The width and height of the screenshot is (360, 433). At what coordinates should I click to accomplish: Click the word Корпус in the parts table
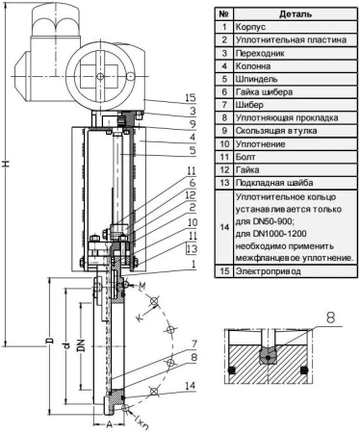coord(250,27)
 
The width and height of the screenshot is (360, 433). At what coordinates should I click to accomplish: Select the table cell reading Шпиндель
coord(256,79)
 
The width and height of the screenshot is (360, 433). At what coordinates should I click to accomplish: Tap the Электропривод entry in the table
coord(269,271)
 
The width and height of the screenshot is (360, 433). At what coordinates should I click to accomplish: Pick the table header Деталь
coord(296,13)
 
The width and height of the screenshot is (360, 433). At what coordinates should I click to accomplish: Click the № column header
coord(224,13)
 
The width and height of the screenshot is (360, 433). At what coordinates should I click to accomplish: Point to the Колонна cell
coord(253,66)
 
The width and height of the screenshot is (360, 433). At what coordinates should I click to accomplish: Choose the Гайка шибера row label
coord(264,92)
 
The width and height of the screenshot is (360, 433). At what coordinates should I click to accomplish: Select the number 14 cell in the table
coord(224,227)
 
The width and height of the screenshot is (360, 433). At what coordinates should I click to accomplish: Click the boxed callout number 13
coord(192,248)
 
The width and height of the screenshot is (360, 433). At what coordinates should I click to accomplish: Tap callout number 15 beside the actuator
coord(191,98)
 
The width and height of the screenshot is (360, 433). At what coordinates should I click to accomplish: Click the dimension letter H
coord(6,164)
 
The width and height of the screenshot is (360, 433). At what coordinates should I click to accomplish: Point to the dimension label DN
coord(82,344)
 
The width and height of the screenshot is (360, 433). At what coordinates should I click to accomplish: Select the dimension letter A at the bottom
coord(110,424)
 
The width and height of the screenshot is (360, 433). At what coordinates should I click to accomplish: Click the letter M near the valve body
coord(141,286)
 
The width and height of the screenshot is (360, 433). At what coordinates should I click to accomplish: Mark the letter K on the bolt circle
coord(140,318)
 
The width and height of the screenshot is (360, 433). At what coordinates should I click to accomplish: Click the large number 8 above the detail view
coord(330,318)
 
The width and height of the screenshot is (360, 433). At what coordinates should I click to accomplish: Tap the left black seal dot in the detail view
coord(232,370)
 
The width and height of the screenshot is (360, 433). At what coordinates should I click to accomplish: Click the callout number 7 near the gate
coord(194,344)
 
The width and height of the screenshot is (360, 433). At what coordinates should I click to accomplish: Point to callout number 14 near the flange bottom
coord(190,385)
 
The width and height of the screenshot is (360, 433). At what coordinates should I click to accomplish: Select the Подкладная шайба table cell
coord(274,183)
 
